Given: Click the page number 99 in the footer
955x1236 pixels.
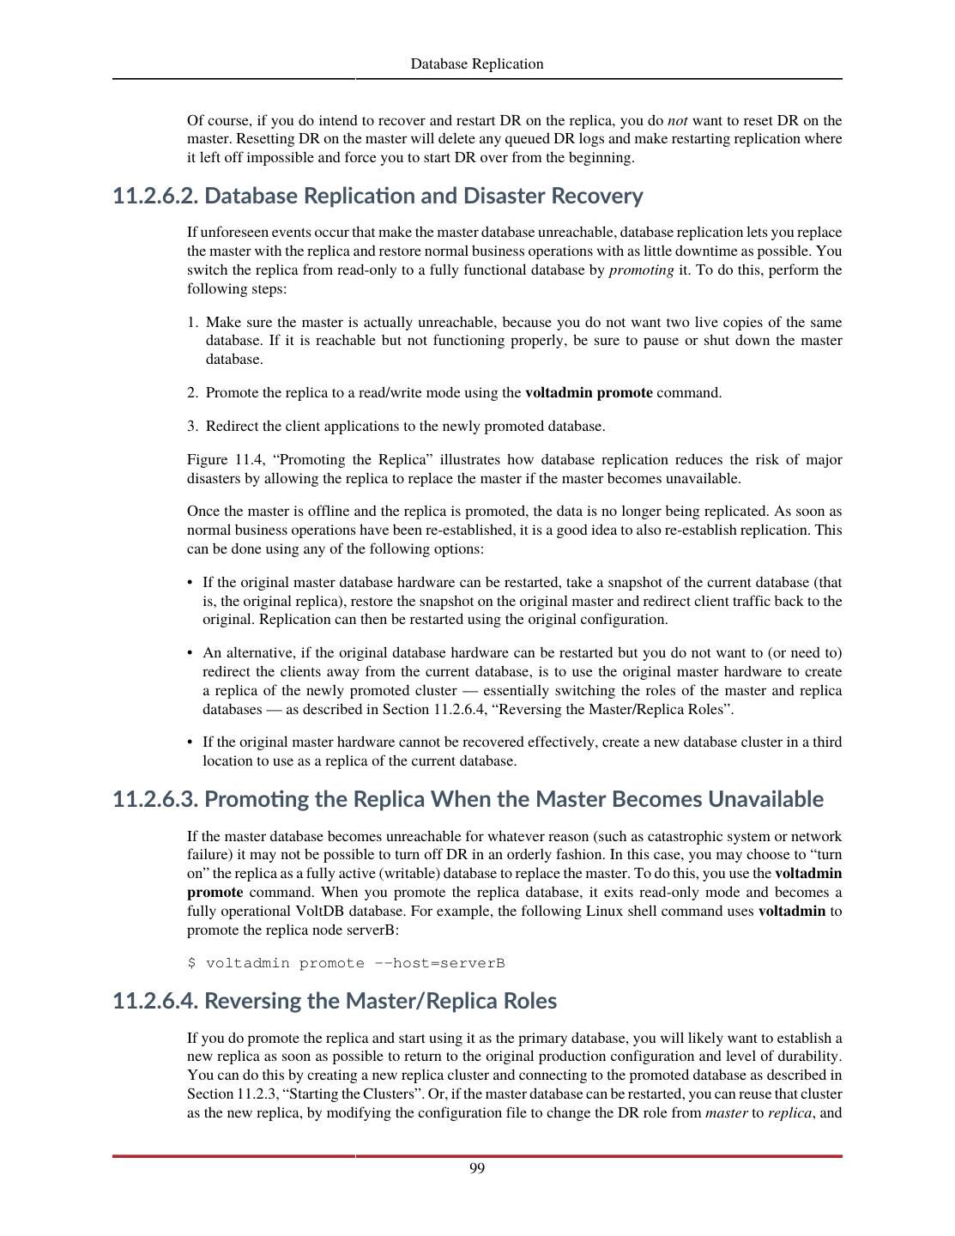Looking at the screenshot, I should pos(477,1168).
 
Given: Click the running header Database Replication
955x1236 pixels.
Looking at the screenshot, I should pos(477,64).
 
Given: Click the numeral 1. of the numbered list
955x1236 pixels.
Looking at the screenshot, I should pos(193,323).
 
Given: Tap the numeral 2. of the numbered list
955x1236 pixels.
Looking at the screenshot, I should pos(193,393).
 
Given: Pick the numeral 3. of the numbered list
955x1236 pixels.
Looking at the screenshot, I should pos(193,427).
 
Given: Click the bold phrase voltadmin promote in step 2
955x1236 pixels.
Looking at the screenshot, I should pos(589,393).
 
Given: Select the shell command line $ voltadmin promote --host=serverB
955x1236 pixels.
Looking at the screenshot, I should pos(346,963).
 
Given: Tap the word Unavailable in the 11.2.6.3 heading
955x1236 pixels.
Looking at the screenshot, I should pos(765,800).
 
